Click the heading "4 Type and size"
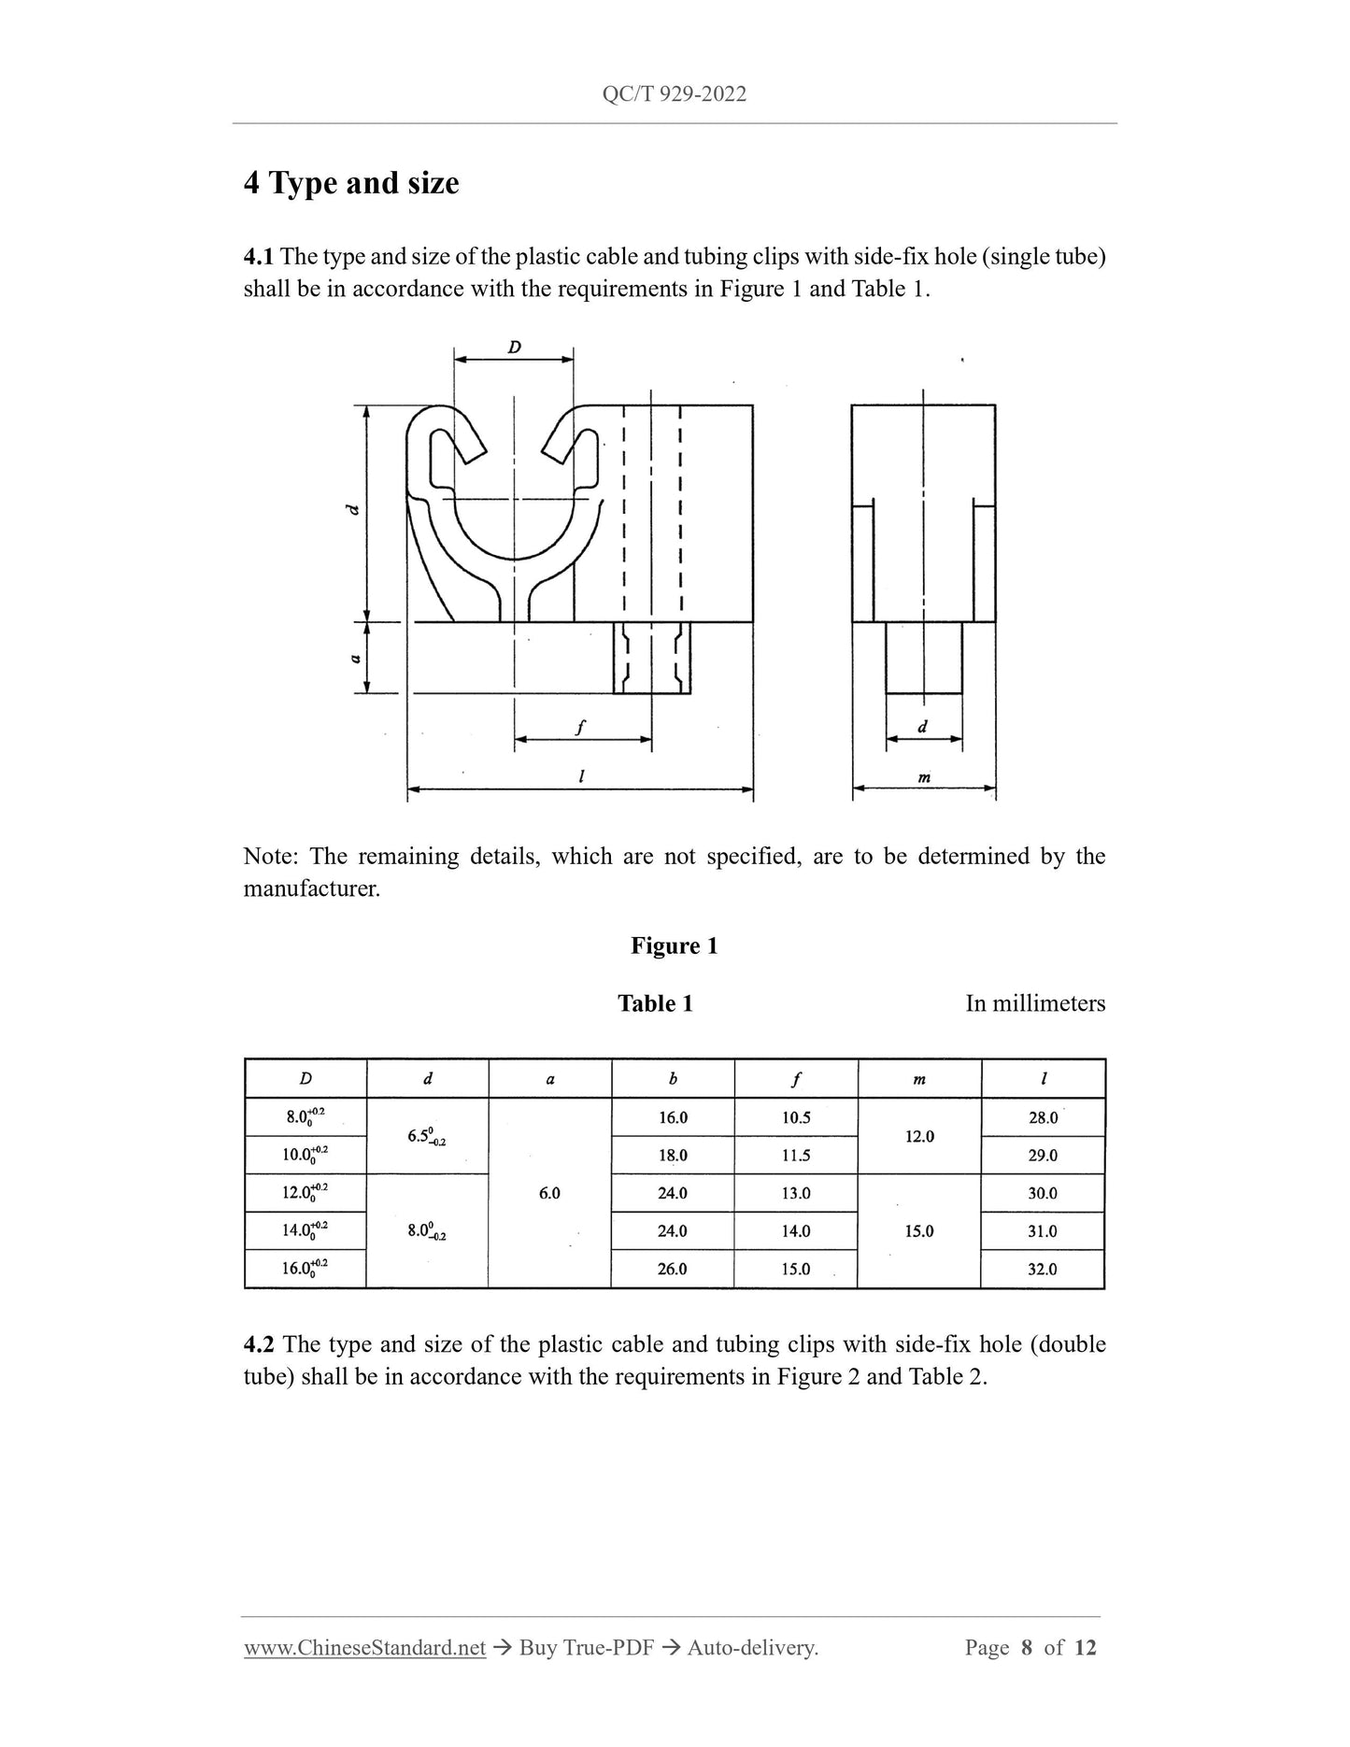pyautogui.click(x=351, y=183)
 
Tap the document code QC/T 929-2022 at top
pyautogui.click(x=674, y=94)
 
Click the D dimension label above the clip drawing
pyautogui.click(x=514, y=348)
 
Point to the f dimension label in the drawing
pyautogui.click(x=580, y=727)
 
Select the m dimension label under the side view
pyautogui.click(x=923, y=776)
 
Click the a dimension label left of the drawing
pyautogui.click(x=355, y=658)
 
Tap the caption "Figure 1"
pyautogui.click(x=674, y=945)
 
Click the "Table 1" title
pyautogui.click(x=655, y=1003)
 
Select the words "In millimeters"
pyautogui.click(x=1034, y=1003)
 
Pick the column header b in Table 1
pyautogui.click(x=673, y=1079)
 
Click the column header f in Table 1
pyautogui.click(x=796, y=1079)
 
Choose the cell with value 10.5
pyautogui.click(x=796, y=1117)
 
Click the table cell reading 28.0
pyautogui.click(x=1043, y=1117)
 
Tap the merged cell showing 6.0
pyautogui.click(x=549, y=1193)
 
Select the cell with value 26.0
pyautogui.click(x=673, y=1269)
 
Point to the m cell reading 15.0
pyautogui.click(x=919, y=1231)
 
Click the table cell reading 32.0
pyautogui.click(x=1043, y=1269)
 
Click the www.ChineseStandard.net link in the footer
pyautogui.click(x=364, y=1648)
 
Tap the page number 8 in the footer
pyautogui.click(x=1027, y=1648)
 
